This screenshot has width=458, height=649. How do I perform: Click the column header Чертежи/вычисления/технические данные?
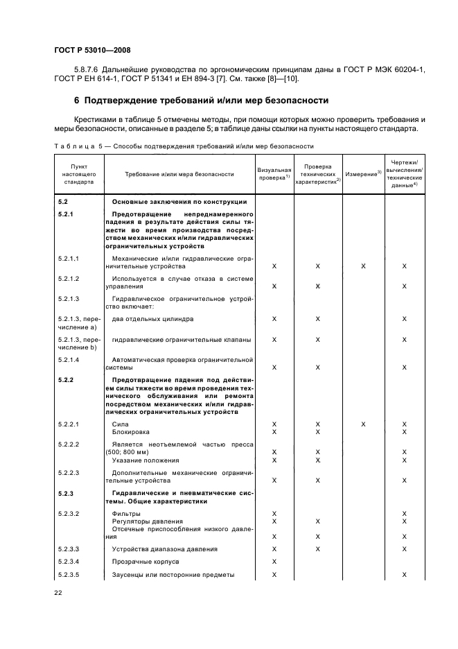(404, 173)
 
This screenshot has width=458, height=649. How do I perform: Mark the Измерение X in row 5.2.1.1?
(363, 266)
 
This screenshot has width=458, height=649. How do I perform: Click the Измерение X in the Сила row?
(363, 424)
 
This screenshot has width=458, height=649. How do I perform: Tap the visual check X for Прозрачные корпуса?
(274, 562)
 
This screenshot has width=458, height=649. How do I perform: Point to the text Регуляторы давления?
(148, 521)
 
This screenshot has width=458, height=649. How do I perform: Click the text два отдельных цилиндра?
(152, 319)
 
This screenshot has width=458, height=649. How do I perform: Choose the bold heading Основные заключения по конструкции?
(179, 201)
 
